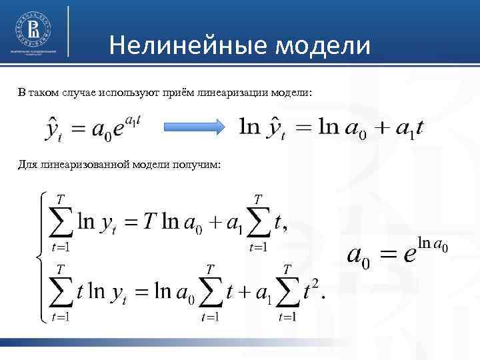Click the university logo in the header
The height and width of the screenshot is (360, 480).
pyautogui.click(x=33, y=29)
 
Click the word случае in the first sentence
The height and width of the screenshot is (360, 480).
pyautogui.click(x=71, y=91)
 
